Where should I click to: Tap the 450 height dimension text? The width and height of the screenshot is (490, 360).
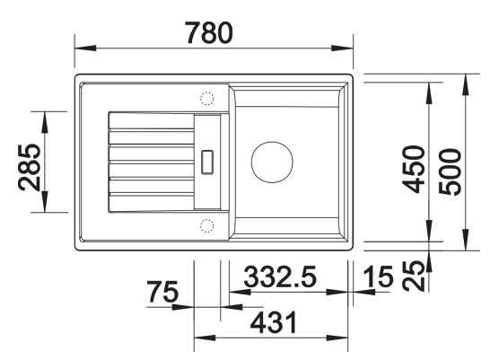(412, 169)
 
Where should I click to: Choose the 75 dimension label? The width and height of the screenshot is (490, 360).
(162, 294)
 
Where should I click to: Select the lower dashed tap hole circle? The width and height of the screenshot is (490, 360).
(206, 224)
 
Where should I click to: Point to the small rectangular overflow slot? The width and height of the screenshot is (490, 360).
(208, 162)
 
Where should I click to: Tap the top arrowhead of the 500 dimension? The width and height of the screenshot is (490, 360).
(466, 80)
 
